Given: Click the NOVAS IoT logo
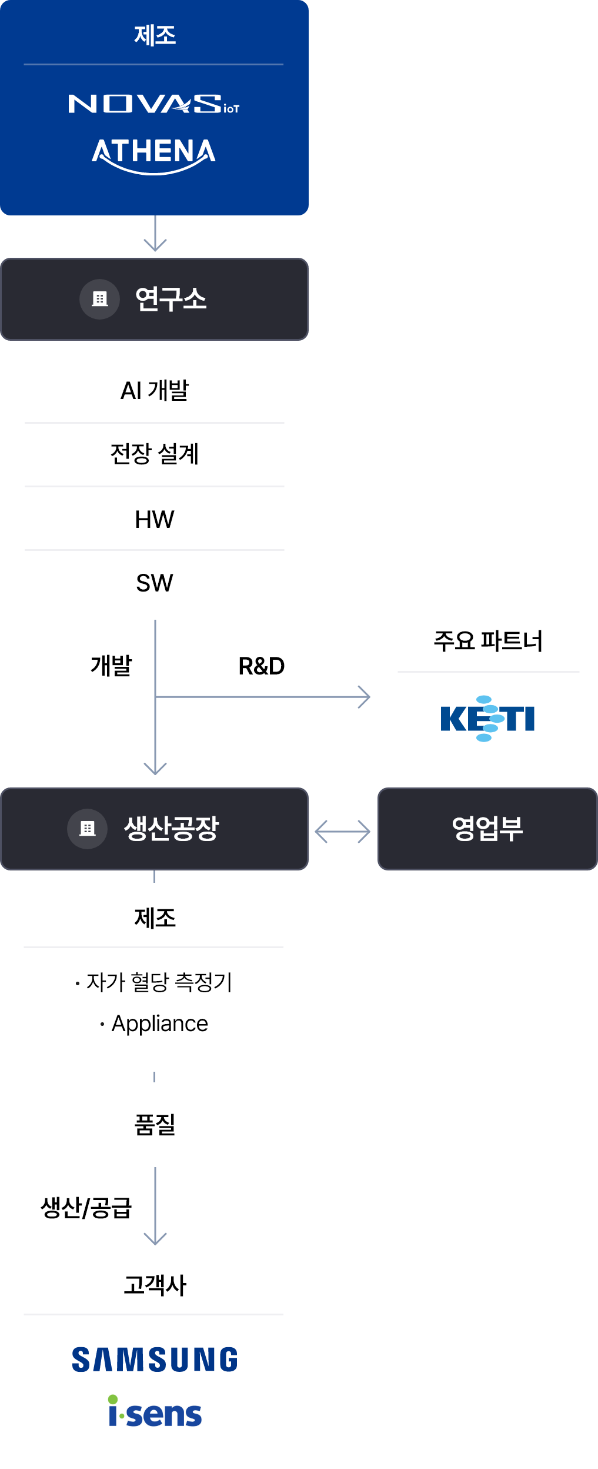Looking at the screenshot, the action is coord(154,104).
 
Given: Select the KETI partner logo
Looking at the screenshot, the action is coord(487,719).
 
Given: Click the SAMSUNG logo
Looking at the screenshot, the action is coord(155,1360).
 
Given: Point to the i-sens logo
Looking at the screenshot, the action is coord(155,1411).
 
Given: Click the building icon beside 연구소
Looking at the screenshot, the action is coord(100,299).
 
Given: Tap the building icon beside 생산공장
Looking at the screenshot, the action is coord(88,829).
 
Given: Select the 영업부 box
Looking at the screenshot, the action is coord(487,829).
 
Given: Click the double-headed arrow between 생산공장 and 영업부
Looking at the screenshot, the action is coord(342,832).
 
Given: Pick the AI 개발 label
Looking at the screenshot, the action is coord(155,390).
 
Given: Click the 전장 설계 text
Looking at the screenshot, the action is coord(155,454).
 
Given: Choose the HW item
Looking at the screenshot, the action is coord(155,519).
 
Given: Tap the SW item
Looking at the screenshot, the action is coord(155,583).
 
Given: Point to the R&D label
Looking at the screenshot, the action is coord(262,666).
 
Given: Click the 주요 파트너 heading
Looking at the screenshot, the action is coord(488,641).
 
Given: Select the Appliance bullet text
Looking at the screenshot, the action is coord(154,1023).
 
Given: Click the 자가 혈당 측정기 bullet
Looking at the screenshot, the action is coord(154,982).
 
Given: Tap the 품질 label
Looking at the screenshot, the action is coord(155,1124).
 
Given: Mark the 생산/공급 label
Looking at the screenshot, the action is coord(86,1208).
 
